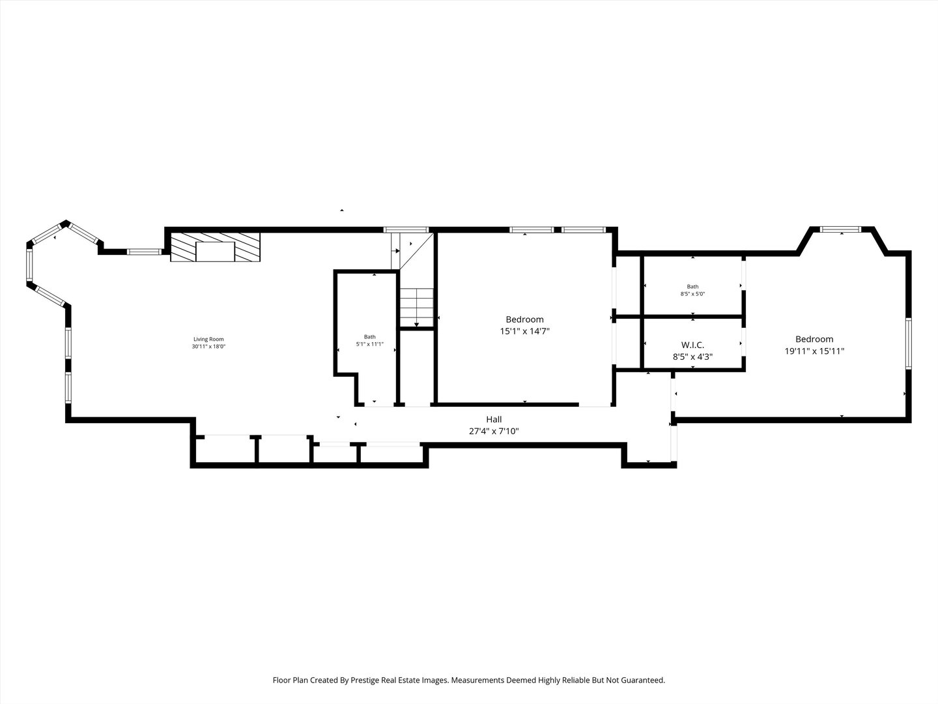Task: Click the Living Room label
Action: coord(208,339)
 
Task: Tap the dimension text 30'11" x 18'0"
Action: coord(208,346)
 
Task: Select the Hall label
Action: coord(494,419)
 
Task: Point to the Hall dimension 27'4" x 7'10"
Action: coord(494,431)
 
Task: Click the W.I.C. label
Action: coord(692,345)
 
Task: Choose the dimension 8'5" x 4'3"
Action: coord(692,357)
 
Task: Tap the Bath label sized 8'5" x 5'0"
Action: coord(692,286)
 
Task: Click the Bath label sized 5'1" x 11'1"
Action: coord(369,337)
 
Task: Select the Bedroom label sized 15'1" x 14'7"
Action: coord(525,319)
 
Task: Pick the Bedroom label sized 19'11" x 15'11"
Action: coord(814,339)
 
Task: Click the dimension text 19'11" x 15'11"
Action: coord(814,351)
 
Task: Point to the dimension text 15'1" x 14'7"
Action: coord(525,331)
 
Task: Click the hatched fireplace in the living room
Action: coord(216,246)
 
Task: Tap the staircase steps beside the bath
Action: coord(417,307)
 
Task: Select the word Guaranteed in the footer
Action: coord(644,680)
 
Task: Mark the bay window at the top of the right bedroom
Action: coord(840,229)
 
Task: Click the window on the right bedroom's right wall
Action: coord(909,344)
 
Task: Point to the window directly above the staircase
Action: coord(406,229)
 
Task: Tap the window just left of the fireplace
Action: coord(145,252)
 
